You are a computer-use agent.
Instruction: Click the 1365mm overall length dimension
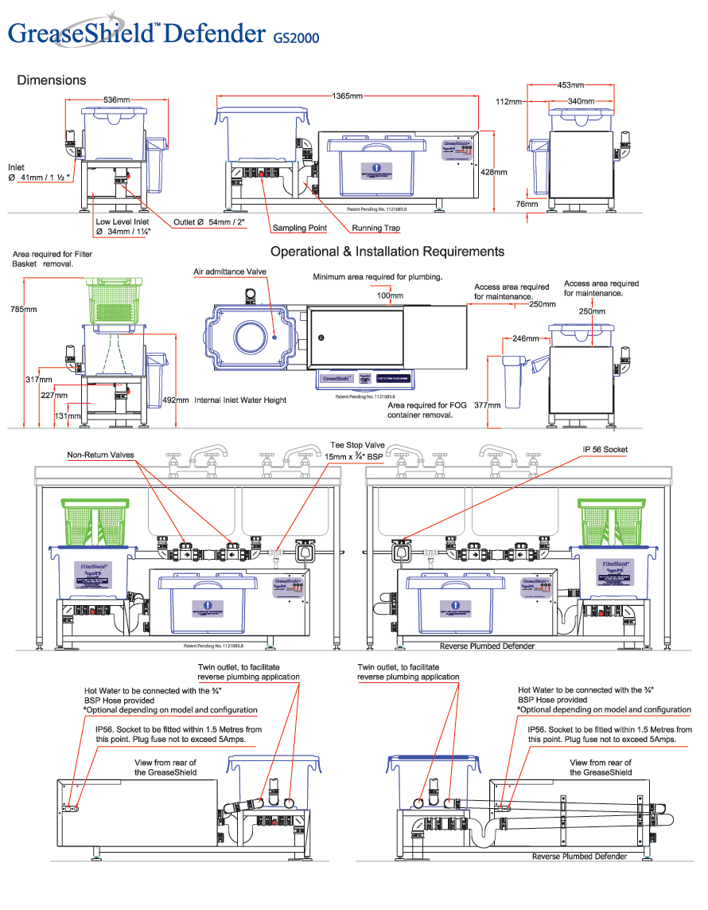pos(347,96)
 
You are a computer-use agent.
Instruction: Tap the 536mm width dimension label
pos(116,100)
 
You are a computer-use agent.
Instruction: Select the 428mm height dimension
pos(494,172)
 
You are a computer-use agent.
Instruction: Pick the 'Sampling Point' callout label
pos(300,228)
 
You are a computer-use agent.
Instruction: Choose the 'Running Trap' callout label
pos(377,228)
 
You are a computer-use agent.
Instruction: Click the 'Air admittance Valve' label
pos(230,272)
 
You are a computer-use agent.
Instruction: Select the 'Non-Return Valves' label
pos(100,455)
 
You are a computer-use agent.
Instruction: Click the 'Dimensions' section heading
pos(52,80)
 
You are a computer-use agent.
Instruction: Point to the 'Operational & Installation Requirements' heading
pos(387,252)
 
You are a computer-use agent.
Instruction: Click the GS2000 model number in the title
pos(296,37)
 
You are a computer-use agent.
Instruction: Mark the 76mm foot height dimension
pos(526,204)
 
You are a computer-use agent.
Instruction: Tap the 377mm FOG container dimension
pos(488,404)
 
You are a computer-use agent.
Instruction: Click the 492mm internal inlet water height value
pos(175,400)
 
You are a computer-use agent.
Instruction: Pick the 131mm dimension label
pos(68,416)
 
